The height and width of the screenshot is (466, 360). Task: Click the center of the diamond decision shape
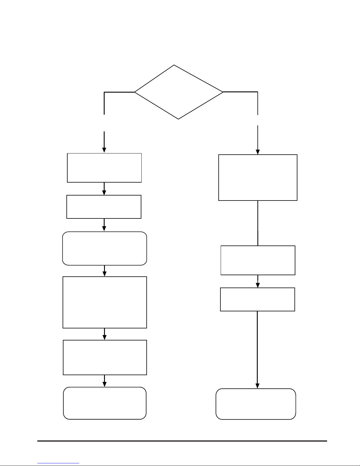pos(178,92)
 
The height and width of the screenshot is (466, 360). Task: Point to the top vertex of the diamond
pos(174,65)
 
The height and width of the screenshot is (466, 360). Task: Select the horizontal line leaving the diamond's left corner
pos(119,92)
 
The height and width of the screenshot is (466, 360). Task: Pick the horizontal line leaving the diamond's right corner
pos(240,92)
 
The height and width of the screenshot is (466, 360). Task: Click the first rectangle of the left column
pos(104,168)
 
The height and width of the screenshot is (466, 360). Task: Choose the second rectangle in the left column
pos(104,207)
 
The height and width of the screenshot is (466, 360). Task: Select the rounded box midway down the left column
pos(105,248)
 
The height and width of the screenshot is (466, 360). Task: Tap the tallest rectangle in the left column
pos(105,302)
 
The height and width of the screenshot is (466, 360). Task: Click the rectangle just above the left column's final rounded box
pos(105,358)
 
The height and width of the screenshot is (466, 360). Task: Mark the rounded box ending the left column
pos(105,403)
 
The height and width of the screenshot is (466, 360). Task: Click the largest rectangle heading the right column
pos(258,178)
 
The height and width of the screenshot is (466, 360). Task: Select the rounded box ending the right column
pos(256,404)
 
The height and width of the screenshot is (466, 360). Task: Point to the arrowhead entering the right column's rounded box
pos(258,386)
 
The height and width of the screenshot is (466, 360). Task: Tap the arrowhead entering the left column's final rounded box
pos(105,384)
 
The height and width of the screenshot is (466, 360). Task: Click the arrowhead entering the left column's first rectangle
pos(104,150)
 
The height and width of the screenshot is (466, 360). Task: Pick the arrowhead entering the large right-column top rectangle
pos(258,152)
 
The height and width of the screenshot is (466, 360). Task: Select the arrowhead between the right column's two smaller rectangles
pos(258,285)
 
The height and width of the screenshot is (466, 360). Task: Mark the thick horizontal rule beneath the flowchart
pos(182,441)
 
